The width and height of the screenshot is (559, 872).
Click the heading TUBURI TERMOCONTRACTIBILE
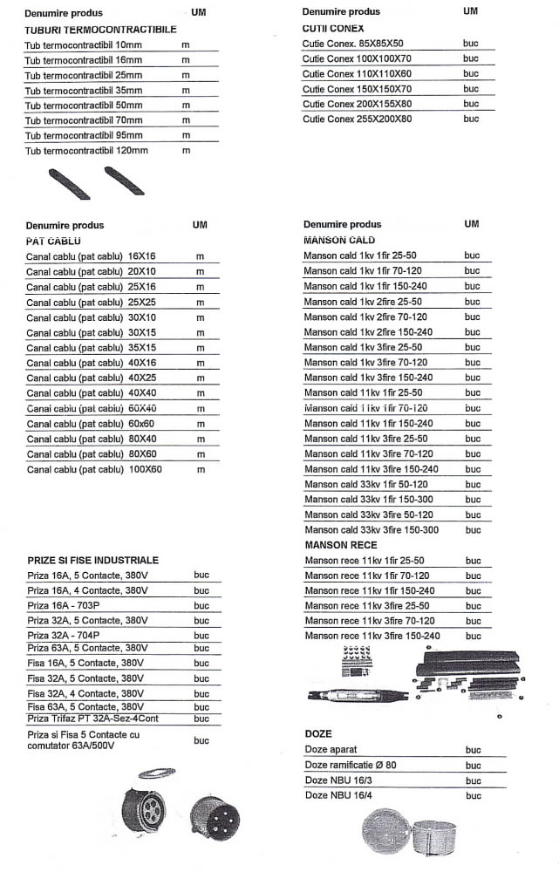coord(100,29)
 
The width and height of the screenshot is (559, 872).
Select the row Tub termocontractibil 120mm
coord(86,150)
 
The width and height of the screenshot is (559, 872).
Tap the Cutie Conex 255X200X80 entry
coord(357,119)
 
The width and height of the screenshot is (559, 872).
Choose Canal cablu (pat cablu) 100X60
coord(94,469)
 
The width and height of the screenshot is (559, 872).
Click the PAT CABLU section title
coord(53,240)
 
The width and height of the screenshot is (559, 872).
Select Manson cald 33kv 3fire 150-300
coord(371,529)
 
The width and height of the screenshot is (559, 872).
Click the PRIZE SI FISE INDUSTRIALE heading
coord(93,560)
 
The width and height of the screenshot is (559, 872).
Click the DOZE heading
coord(318,734)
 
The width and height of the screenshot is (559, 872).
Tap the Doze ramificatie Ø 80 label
coord(350,765)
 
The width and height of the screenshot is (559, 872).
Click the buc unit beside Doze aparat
coord(473,750)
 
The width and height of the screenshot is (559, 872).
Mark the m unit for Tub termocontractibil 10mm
coord(186,44)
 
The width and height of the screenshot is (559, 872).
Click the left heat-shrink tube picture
coord(71,184)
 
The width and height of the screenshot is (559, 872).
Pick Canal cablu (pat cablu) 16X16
coord(91,256)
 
